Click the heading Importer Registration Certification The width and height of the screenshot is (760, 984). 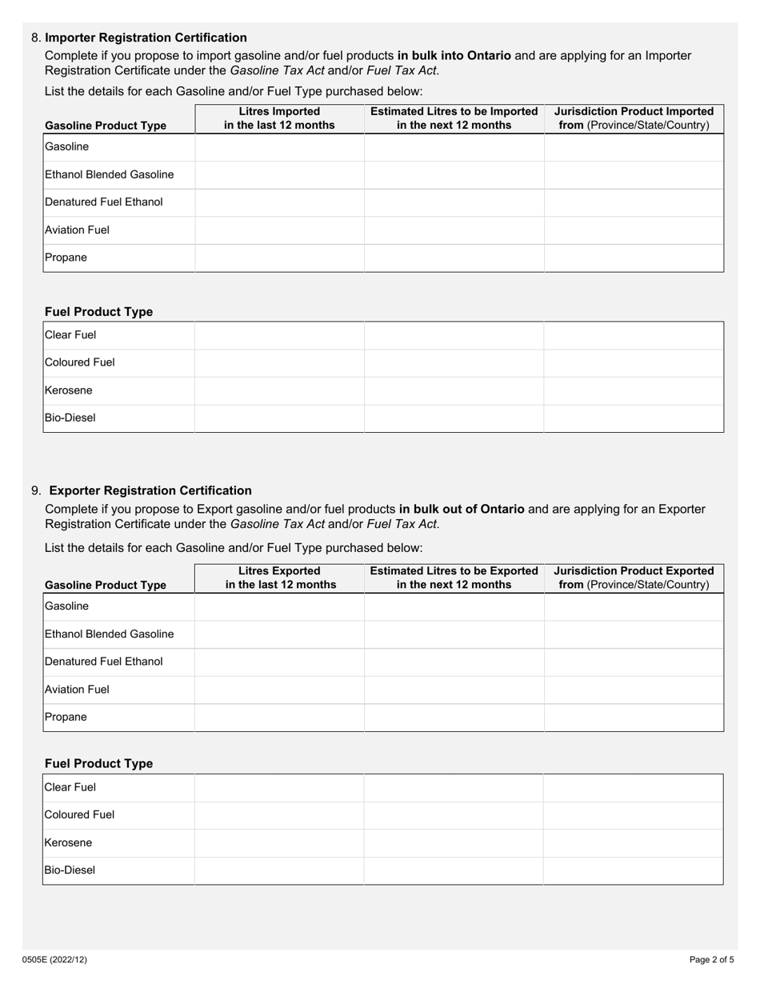146,38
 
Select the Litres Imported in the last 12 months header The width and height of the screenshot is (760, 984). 279,118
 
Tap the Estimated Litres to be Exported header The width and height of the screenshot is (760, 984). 454,578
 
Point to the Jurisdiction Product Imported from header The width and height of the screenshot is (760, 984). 634,118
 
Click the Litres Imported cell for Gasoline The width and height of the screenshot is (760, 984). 279,147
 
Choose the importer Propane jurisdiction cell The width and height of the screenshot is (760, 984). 634,258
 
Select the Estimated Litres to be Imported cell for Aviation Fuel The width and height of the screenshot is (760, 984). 454,230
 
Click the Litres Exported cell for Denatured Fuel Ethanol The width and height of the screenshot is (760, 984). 279,662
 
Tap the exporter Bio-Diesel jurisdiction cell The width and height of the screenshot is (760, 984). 633,870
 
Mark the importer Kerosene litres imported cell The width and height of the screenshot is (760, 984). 279,390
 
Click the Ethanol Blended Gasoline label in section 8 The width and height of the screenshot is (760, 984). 110,174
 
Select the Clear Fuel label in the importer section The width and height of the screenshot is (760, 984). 70,335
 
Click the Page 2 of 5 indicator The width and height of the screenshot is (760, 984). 711,960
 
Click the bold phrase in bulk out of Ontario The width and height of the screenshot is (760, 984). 462,509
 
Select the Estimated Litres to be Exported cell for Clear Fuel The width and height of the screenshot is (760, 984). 454,787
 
